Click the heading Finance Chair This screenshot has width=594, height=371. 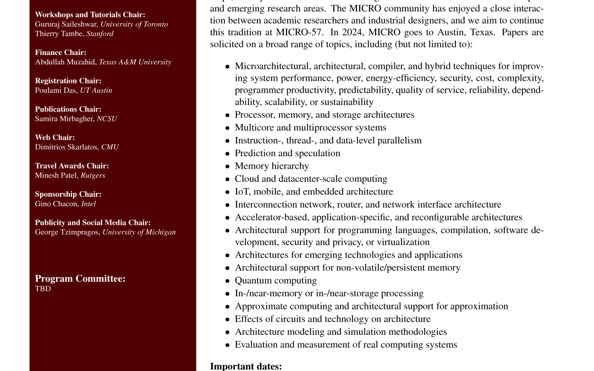coord(61,53)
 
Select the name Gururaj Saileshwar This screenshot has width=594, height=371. coord(65,24)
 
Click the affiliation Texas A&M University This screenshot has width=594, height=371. coord(135,62)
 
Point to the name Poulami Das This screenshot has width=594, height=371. coord(56,90)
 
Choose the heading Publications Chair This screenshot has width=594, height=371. coord(68,109)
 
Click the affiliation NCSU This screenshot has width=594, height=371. coord(107,119)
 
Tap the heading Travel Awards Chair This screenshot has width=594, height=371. coord(72,166)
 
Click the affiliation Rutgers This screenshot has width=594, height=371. coord(93,175)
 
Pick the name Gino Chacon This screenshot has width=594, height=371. coord(57,203)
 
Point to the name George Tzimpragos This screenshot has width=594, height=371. coord(68,232)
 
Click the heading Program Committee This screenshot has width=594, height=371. coord(80,279)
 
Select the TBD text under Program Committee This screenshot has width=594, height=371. coord(43,289)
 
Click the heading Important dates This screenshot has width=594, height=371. coord(246,366)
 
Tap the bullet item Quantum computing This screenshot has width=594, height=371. coord(276,281)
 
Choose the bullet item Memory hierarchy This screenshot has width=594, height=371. coord(272,166)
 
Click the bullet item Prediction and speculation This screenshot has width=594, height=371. coord(287,153)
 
